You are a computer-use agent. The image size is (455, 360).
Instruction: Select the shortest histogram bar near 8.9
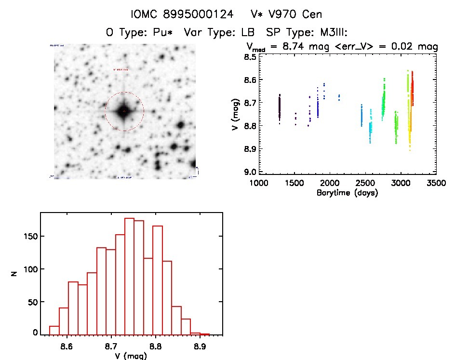[x=204, y=333]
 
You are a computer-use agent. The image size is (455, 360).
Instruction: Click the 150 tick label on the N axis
[x=30, y=237]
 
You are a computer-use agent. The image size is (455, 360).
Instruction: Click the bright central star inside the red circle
[x=124, y=111]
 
